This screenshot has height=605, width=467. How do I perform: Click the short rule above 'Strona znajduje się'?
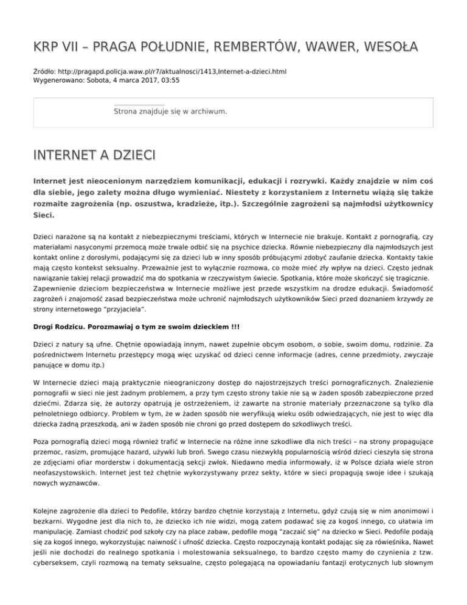pos(139,105)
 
